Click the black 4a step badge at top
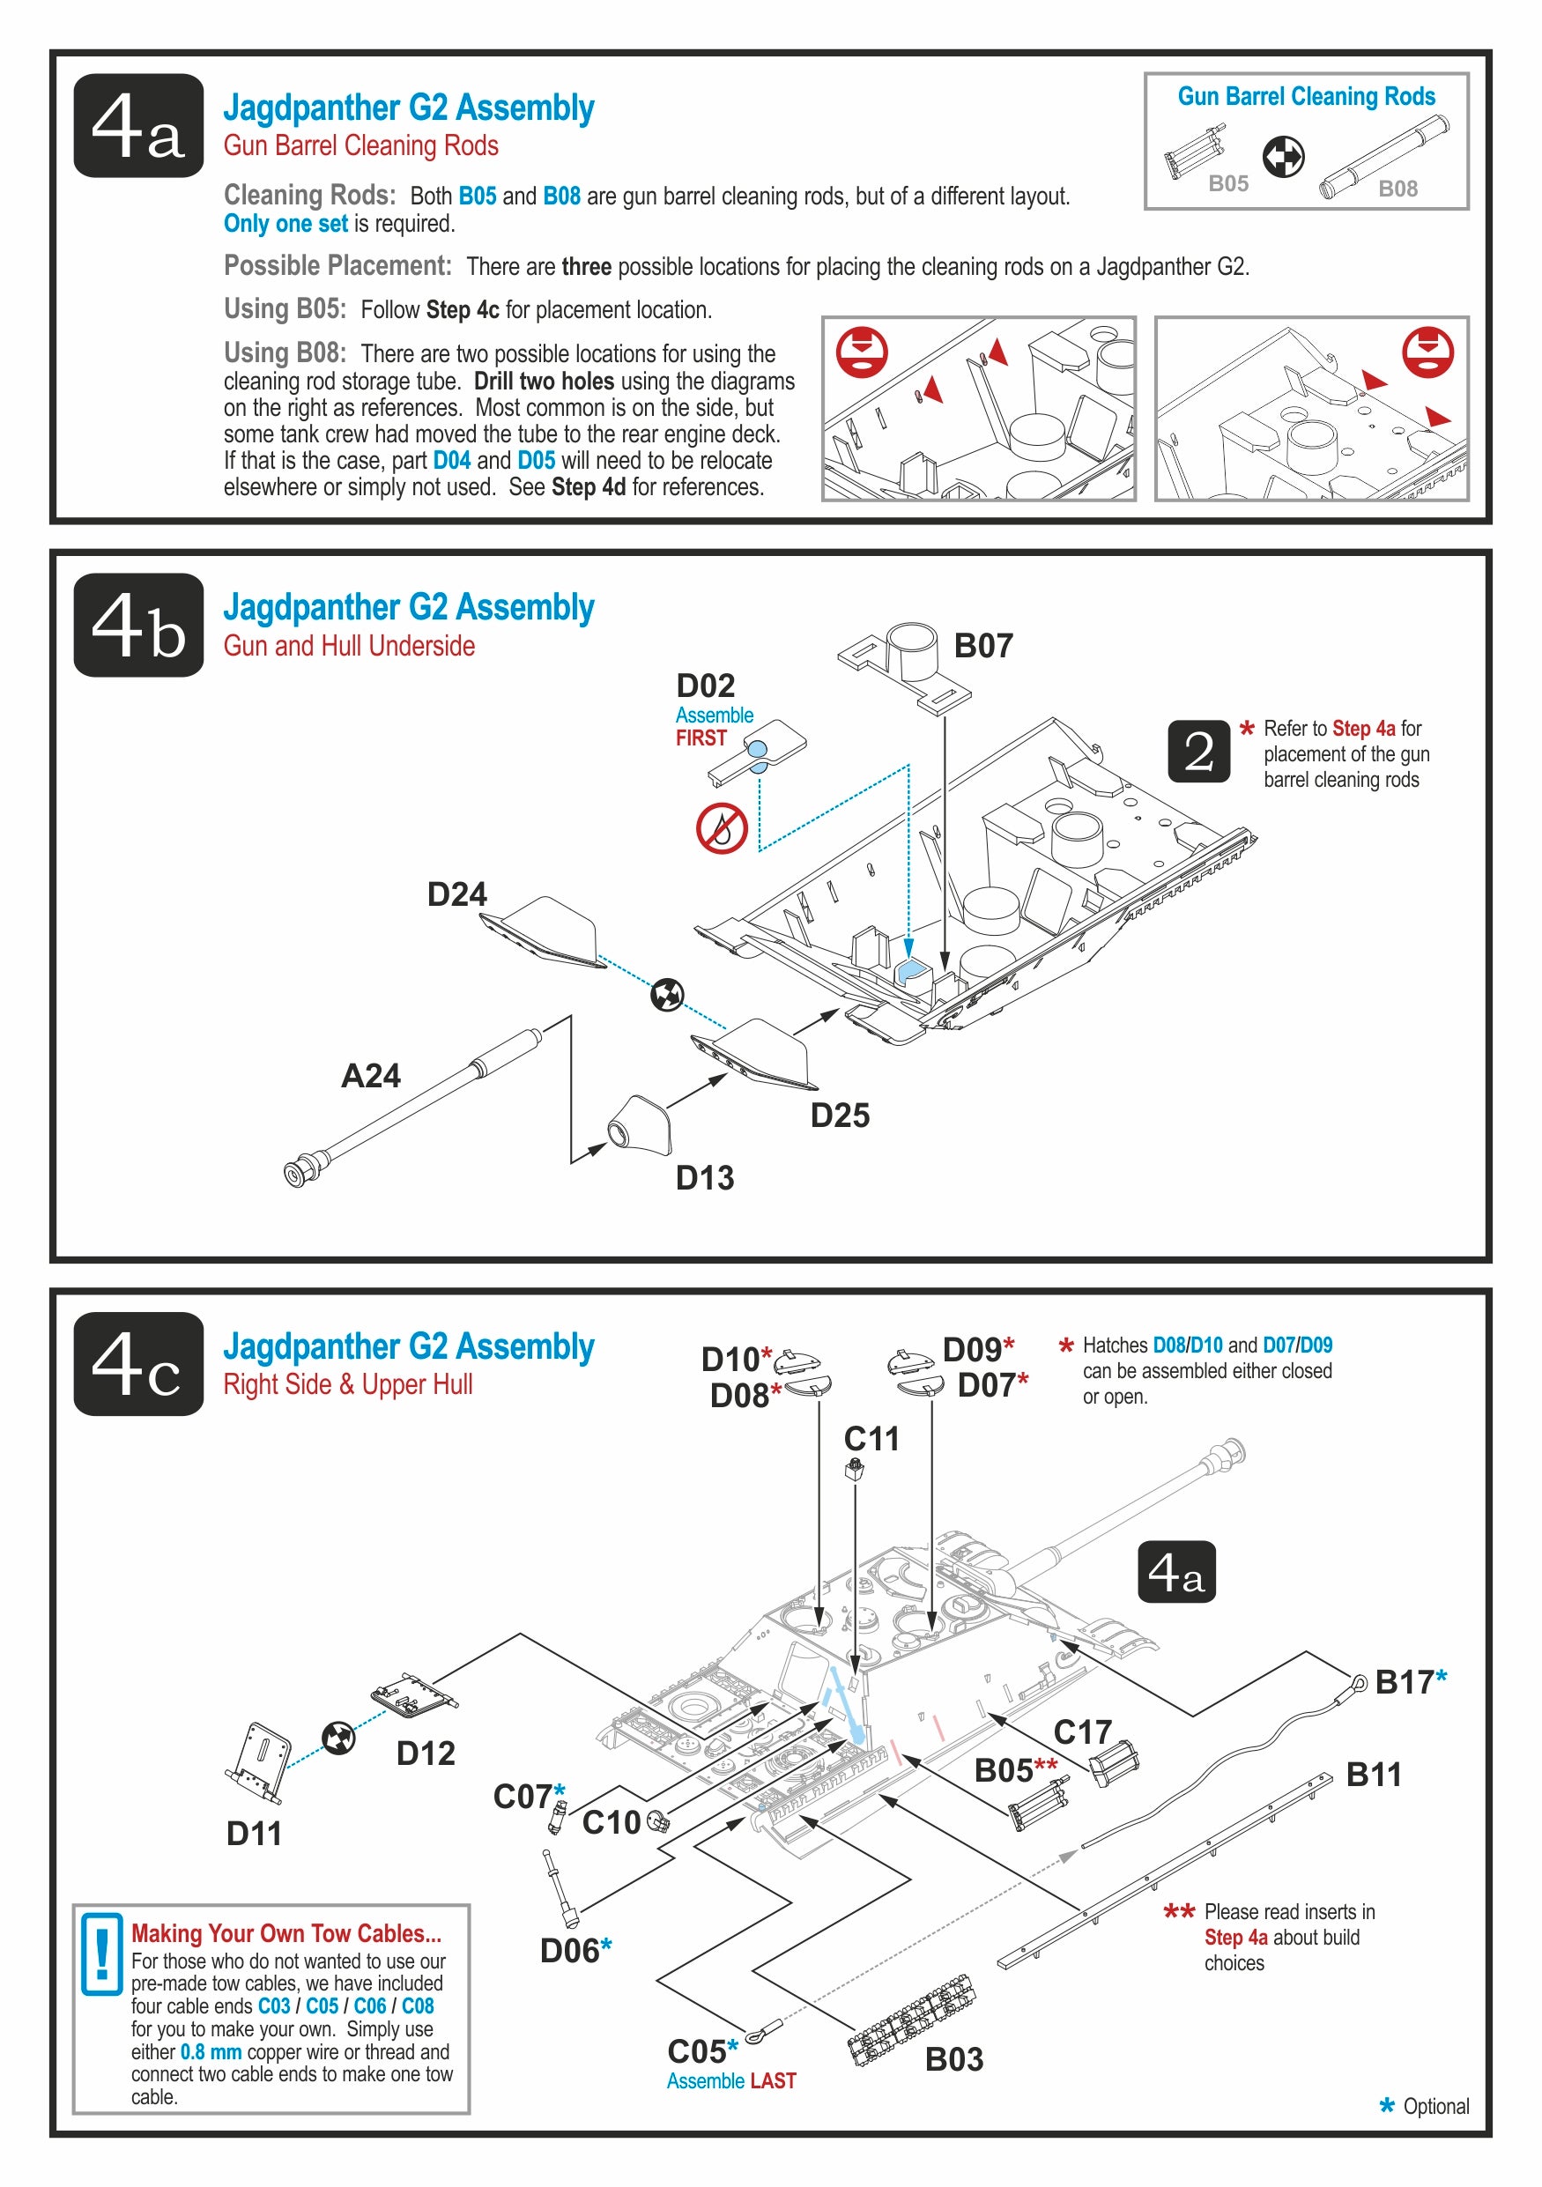point(138,126)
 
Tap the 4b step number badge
point(138,625)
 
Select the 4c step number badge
point(138,1363)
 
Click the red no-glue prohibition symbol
point(721,827)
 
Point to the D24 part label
point(456,894)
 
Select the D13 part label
point(705,1177)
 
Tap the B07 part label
point(983,646)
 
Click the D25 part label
point(839,1115)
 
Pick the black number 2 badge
point(1198,752)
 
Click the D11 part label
point(254,1833)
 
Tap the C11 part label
point(871,1438)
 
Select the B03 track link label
point(953,2058)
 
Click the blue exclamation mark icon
point(102,1953)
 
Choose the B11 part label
point(1373,1775)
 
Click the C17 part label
point(1082,1731)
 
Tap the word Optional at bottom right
point(1435,2106)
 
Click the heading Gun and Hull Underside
point(349,646)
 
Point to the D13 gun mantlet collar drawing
point(640,1126)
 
